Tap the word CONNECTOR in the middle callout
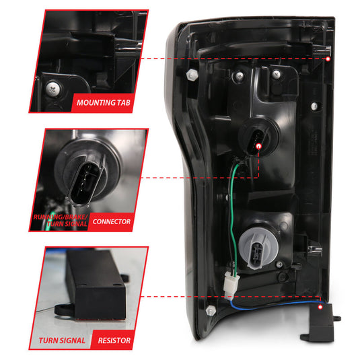coord(111,221)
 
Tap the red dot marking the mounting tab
coord(328,59)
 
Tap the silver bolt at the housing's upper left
coord(193,73)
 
